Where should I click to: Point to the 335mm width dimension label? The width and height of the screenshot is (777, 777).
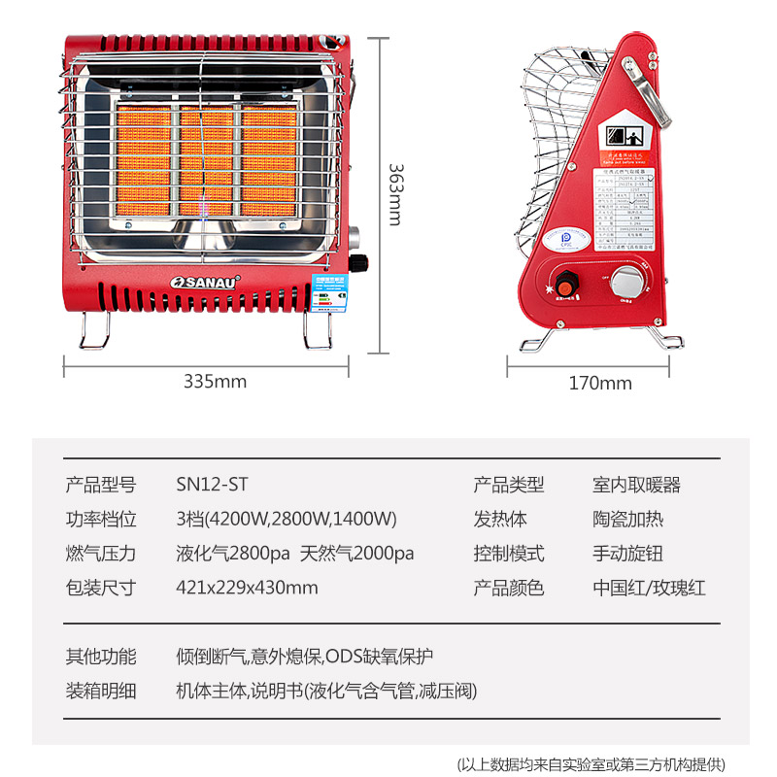215,382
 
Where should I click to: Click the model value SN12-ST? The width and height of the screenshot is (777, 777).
206,485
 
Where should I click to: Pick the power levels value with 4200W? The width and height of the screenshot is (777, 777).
287,519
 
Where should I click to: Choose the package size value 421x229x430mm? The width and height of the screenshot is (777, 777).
247,587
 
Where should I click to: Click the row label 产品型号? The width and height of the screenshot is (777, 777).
100,485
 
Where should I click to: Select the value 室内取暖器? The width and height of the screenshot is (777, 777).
636,485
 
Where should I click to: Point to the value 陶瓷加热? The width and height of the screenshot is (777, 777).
627,519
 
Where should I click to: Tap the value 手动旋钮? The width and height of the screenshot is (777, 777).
627,553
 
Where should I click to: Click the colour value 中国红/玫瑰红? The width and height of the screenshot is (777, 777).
649,587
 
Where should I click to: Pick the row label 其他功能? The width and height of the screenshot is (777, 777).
100,656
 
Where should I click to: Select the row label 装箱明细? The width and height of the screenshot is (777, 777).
100,691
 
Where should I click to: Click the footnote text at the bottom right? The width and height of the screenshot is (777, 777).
590,763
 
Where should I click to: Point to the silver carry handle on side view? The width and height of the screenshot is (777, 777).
650,92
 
